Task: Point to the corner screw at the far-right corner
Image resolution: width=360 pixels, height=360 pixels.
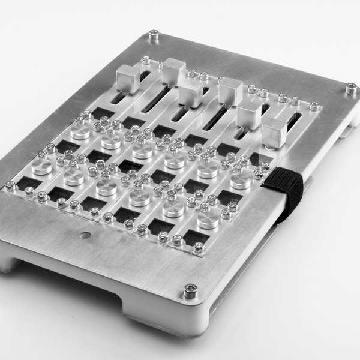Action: click(x=350, y=89)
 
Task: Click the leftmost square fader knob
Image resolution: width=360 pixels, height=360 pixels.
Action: click(x=127, y=76)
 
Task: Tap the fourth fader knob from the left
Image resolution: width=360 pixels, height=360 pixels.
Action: click(x=230, y=90)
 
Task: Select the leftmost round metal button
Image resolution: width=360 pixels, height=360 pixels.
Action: click(x=41, y=166)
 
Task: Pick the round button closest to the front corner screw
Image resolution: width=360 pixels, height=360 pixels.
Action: click(x=206, y=219)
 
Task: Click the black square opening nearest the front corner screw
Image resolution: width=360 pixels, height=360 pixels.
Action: click(x=193, y=239)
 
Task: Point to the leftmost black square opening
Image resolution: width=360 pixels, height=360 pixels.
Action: click(x=26, y=179)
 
